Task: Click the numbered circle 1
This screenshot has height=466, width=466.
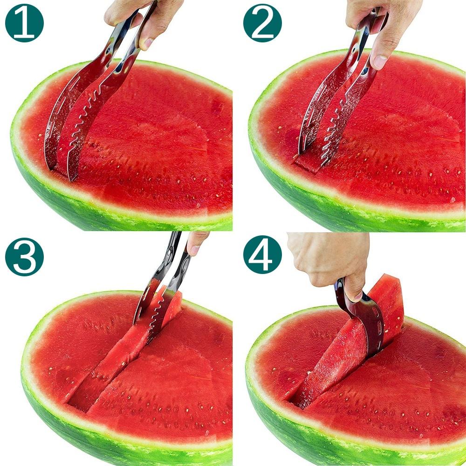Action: tap(24, 23)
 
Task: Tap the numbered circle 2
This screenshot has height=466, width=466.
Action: tap(262, 23)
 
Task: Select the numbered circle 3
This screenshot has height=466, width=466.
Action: tap(24, 257)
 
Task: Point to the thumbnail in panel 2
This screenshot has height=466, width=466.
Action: tap(380, 62)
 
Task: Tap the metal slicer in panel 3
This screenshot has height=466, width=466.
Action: tap(158, 298)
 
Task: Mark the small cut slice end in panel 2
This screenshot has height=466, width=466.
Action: tap(308, 163)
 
